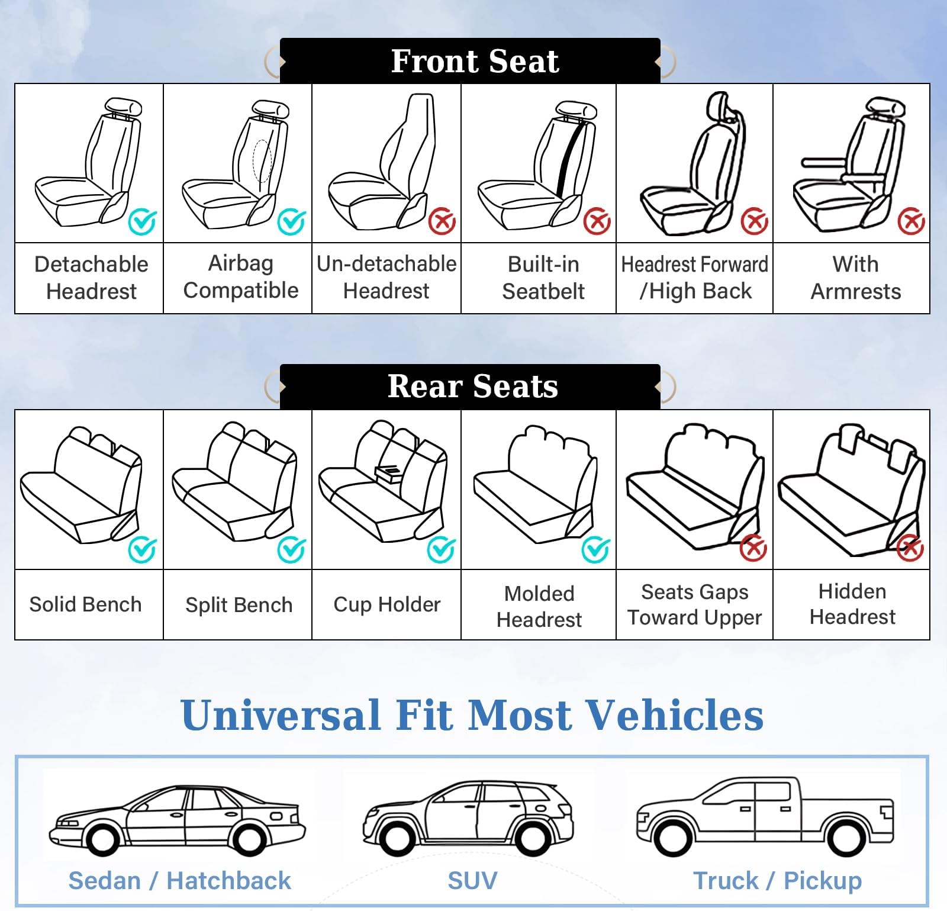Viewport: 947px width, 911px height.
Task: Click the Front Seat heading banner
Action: (474, 62)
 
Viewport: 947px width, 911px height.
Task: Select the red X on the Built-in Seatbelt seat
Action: (597, 222)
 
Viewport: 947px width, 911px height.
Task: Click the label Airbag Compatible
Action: (240, 277)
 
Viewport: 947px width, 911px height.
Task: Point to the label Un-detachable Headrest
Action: (386, 277)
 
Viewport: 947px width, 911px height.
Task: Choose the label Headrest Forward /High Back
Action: (694, 277)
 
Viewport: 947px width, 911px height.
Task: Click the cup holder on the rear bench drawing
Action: (388, 472)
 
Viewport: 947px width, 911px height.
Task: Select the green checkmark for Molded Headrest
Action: (595, 549)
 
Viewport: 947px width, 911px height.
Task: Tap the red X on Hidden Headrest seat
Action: (910, 548)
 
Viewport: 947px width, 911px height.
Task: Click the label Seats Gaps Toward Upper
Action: (694, 604)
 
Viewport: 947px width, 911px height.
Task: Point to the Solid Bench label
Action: (86, 604)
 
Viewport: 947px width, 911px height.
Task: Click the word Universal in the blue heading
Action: (281, 715)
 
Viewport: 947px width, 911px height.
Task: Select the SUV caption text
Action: (472, 881)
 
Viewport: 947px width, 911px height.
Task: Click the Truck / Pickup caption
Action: (777, 881)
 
